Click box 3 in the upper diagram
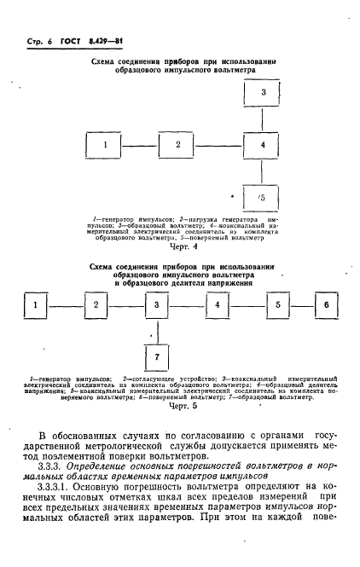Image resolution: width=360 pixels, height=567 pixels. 263,92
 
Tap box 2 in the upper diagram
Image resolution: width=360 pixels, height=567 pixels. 177,145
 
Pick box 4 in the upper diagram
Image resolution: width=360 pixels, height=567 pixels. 263,145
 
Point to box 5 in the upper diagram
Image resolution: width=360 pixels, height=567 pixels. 263,198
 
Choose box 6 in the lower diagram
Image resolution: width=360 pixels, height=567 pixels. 325,304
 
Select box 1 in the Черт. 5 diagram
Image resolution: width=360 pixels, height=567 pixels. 33,304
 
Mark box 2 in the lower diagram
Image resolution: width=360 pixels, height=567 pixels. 96,304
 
